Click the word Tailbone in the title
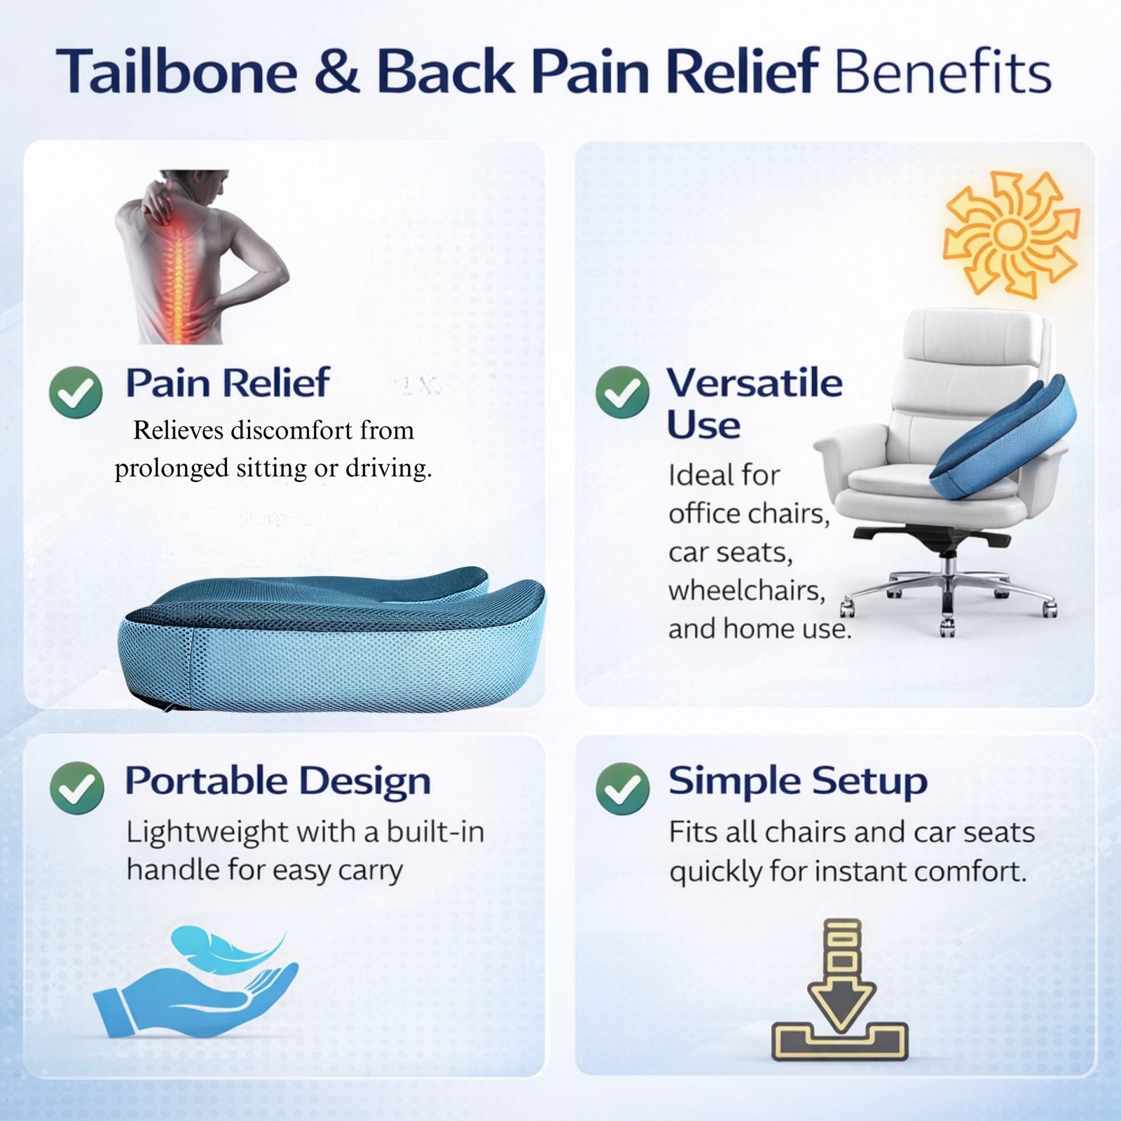[x=177, y=71]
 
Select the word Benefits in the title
[x=943, y=71]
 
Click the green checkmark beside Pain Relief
[x=76, y=392]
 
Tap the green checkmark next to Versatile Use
[x=622, y=392]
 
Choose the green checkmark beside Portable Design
[x=77, y=788]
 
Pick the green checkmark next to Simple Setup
[x=623, y=788]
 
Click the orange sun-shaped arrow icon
[x=1010, y=234]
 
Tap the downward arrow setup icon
[x=840, y=989]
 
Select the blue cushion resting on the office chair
[x=1003, y=437]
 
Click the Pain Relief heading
[x=228, y=383]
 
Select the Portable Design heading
[x=277, y=780]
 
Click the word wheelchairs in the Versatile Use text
[x=747, y=590]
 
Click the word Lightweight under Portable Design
[x=207, y=833]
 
